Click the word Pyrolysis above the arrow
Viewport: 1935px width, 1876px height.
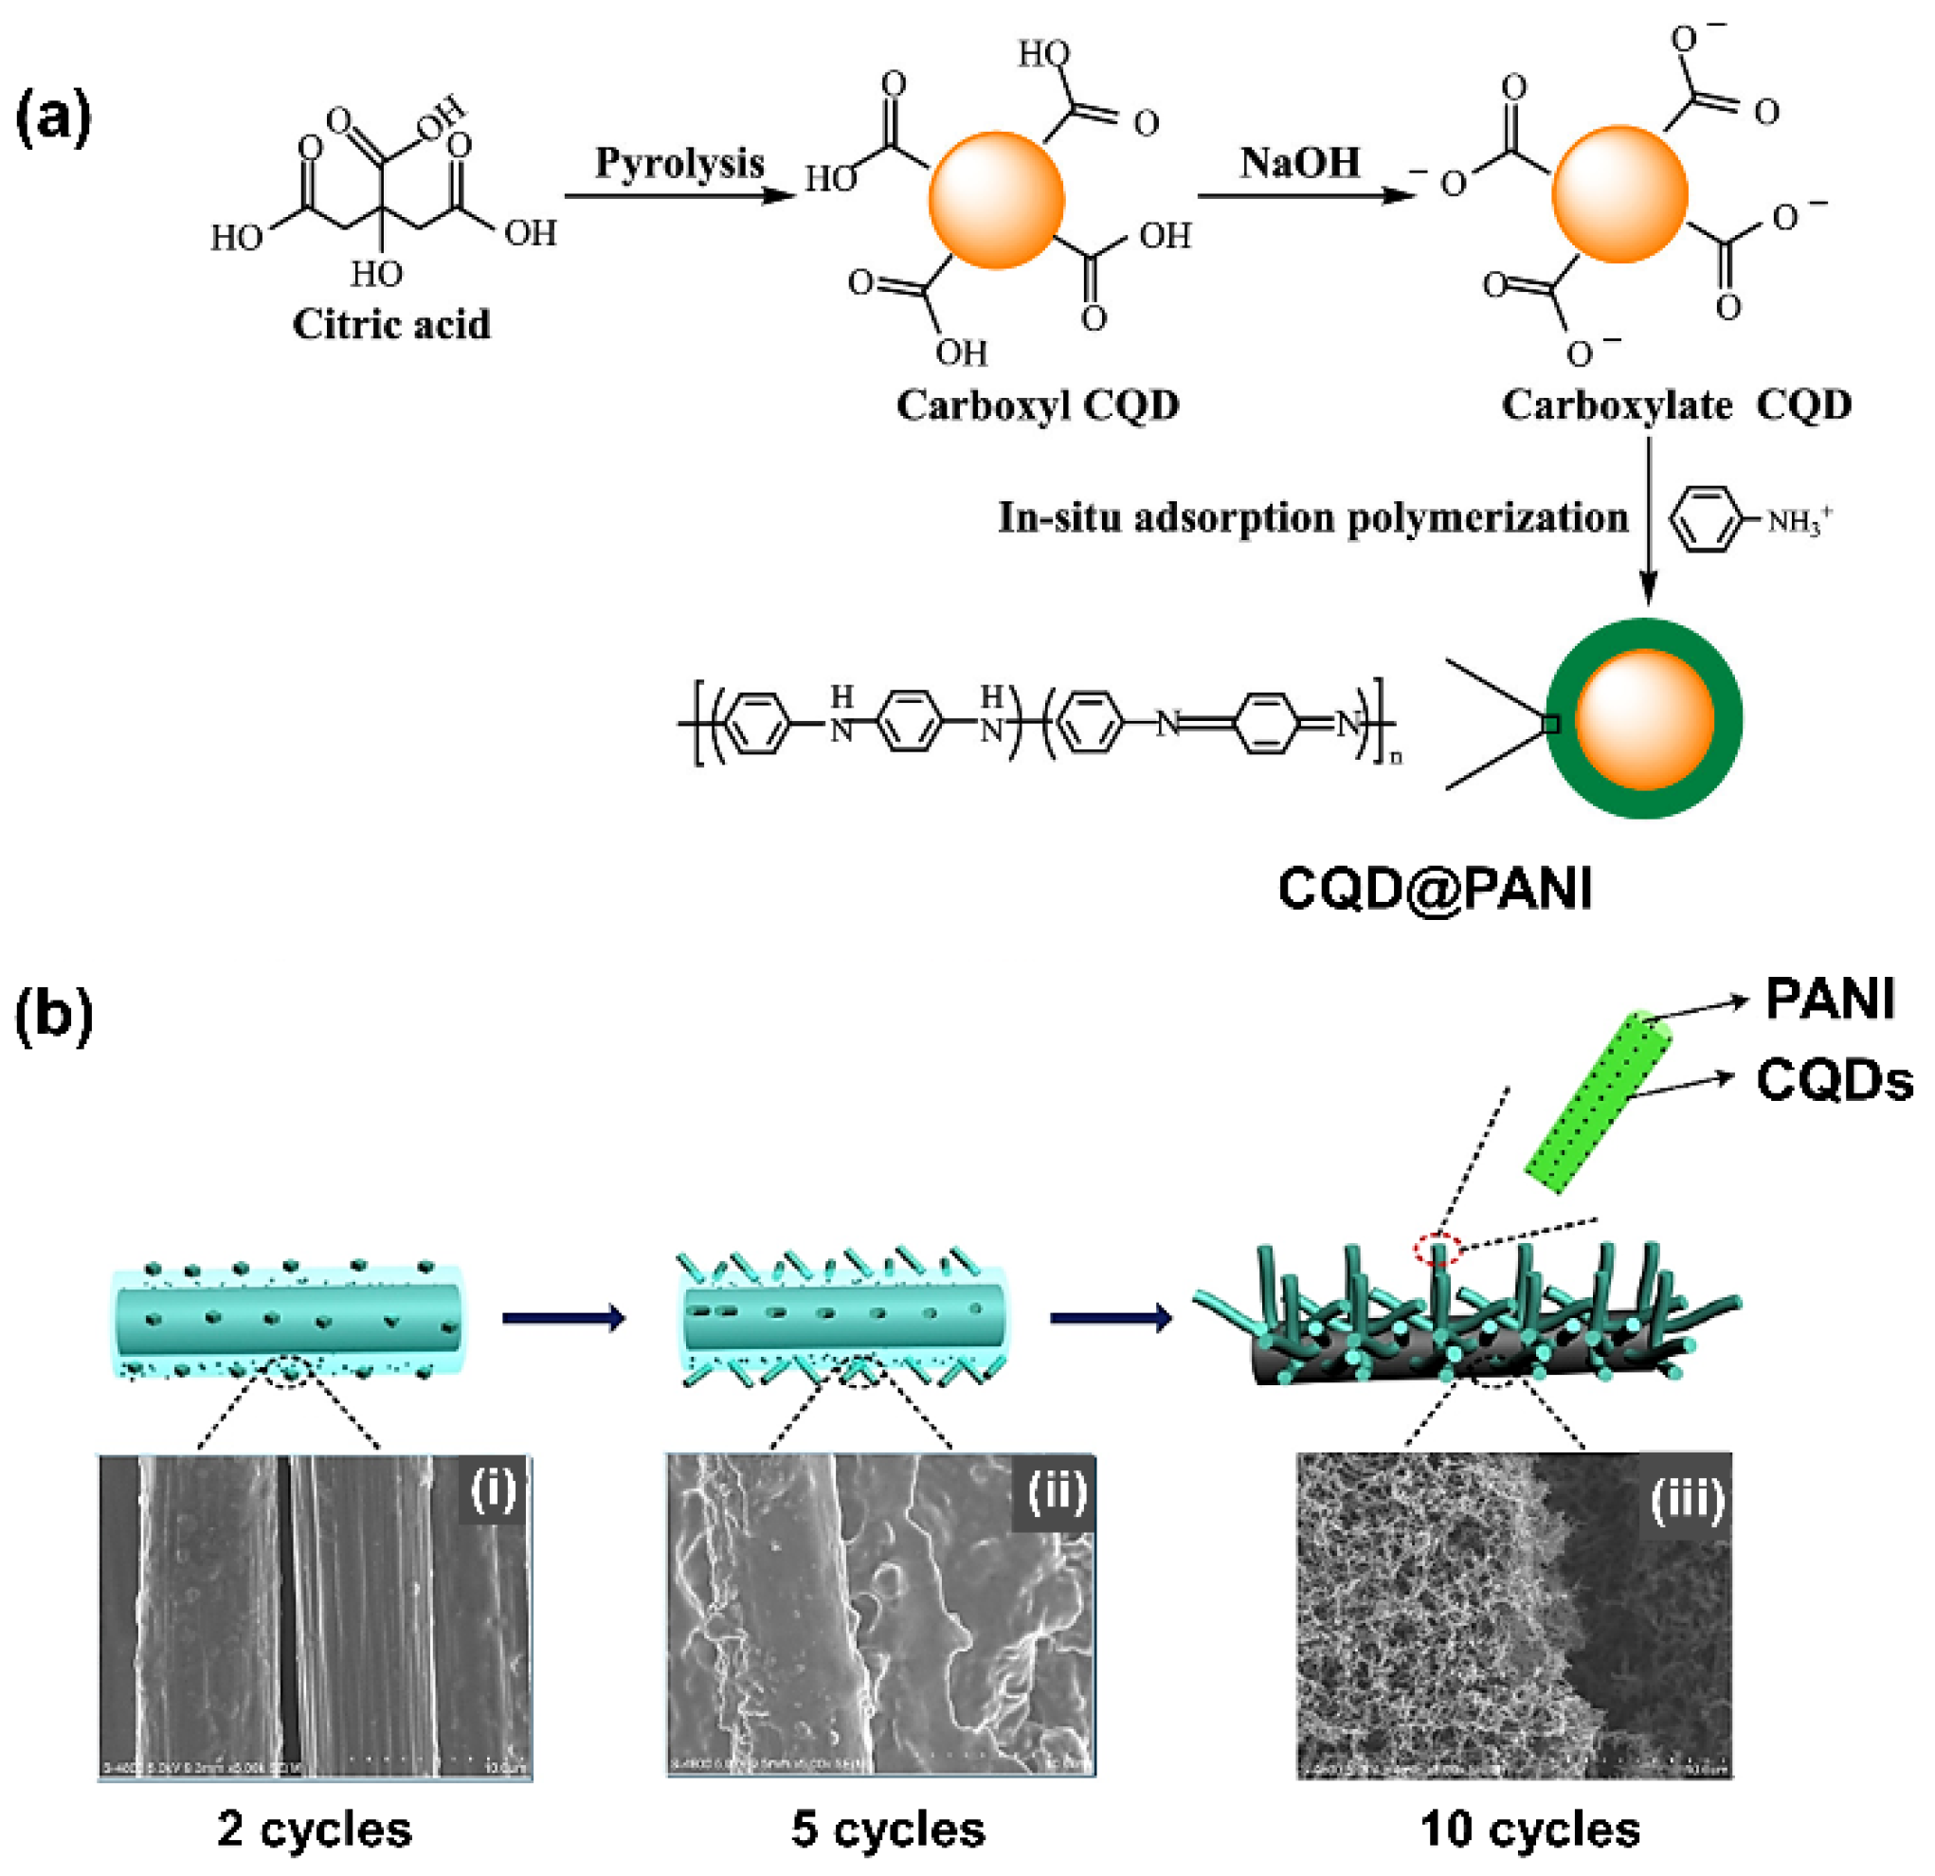click(679, 164)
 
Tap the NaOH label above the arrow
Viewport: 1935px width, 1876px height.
click(1299, 163)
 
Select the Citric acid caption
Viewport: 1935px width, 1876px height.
click(391, 325)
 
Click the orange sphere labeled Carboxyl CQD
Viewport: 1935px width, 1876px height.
click(996, 201)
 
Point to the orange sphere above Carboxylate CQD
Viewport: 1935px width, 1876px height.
click(1619, 193)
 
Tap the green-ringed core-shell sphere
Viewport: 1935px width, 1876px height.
click(1644, 719)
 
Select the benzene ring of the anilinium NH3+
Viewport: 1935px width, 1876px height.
click(1701, 518)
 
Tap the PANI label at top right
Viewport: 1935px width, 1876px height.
click(1830, 1000)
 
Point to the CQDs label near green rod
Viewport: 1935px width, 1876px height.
click(1835, 1080)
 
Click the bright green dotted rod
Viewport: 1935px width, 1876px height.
click(1598, 1104)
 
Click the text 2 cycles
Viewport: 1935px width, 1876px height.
click(315, 1830)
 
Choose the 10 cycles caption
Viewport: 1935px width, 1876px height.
click(1530, 1830)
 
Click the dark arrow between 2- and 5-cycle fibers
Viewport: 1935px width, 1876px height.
click(564, 1318)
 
